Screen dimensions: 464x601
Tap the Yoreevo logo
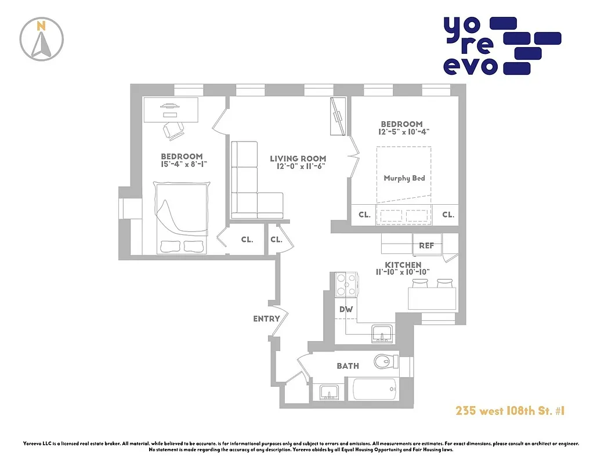tap(502, 46)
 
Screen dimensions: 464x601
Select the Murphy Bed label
tap(404, 178)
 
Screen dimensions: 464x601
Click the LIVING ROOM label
tap(298, 158)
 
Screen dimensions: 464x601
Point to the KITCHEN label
tap(398, 265)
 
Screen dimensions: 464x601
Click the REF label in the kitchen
tap(426, 246)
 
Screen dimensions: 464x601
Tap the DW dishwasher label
tap(346, 310)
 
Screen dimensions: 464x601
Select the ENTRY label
tap(266, 318)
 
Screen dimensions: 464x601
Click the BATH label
tap(347, 366)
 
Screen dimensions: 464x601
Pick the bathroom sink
tap(328, 392)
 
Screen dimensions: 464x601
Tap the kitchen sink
tap(382, 333)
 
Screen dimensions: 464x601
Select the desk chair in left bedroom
tap(173, 131)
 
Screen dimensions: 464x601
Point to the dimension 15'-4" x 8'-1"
tap(182, 165)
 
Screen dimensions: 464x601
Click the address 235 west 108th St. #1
tap(509, 411)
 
